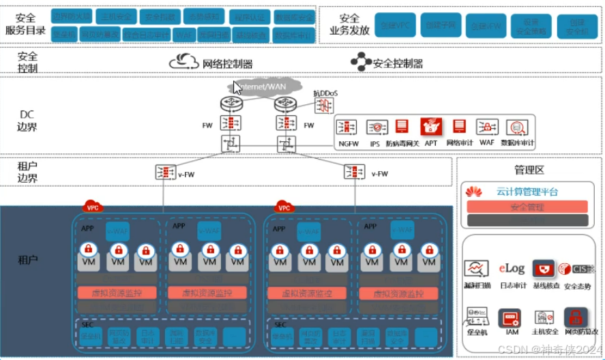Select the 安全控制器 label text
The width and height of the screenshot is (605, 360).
pyautogui.click(x=398, y=64)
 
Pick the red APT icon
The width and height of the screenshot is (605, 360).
pyautogui.click(x=430, y=127)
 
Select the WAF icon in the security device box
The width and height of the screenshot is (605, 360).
pyautogui.click(x=486, y=127)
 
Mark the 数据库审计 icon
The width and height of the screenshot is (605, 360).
pyautogui.click(x=517, y=127)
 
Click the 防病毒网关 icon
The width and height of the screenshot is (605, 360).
pyautogui.click(x=402, y=127)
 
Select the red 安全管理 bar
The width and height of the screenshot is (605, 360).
pyautogui.click(x=527, y=207)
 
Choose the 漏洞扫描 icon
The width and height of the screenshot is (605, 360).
pyautogui.click(x=476, y=269)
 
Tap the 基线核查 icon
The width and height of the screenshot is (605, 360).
pyautogui.click(x=544, y=268)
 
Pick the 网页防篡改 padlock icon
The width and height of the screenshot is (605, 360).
pyautogui.click(x=576, y=317)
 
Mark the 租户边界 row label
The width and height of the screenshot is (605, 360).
pyautogui.click(x=28, y=172)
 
